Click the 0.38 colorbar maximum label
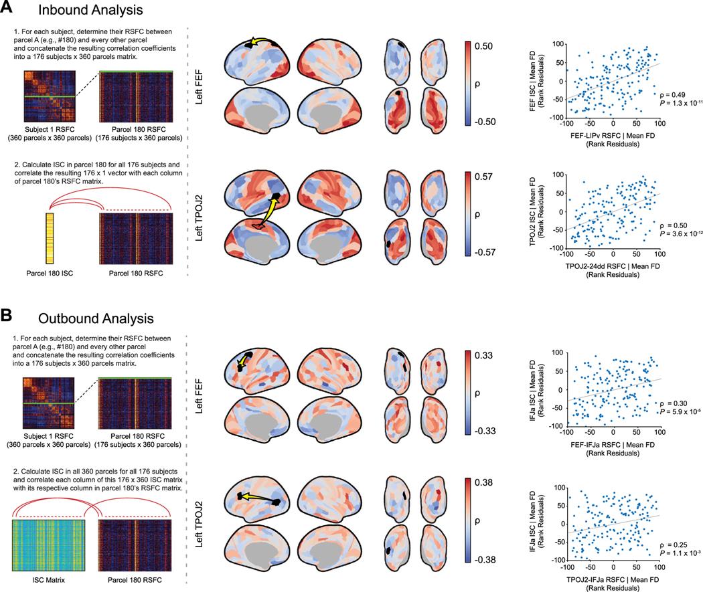click(487, 482)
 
